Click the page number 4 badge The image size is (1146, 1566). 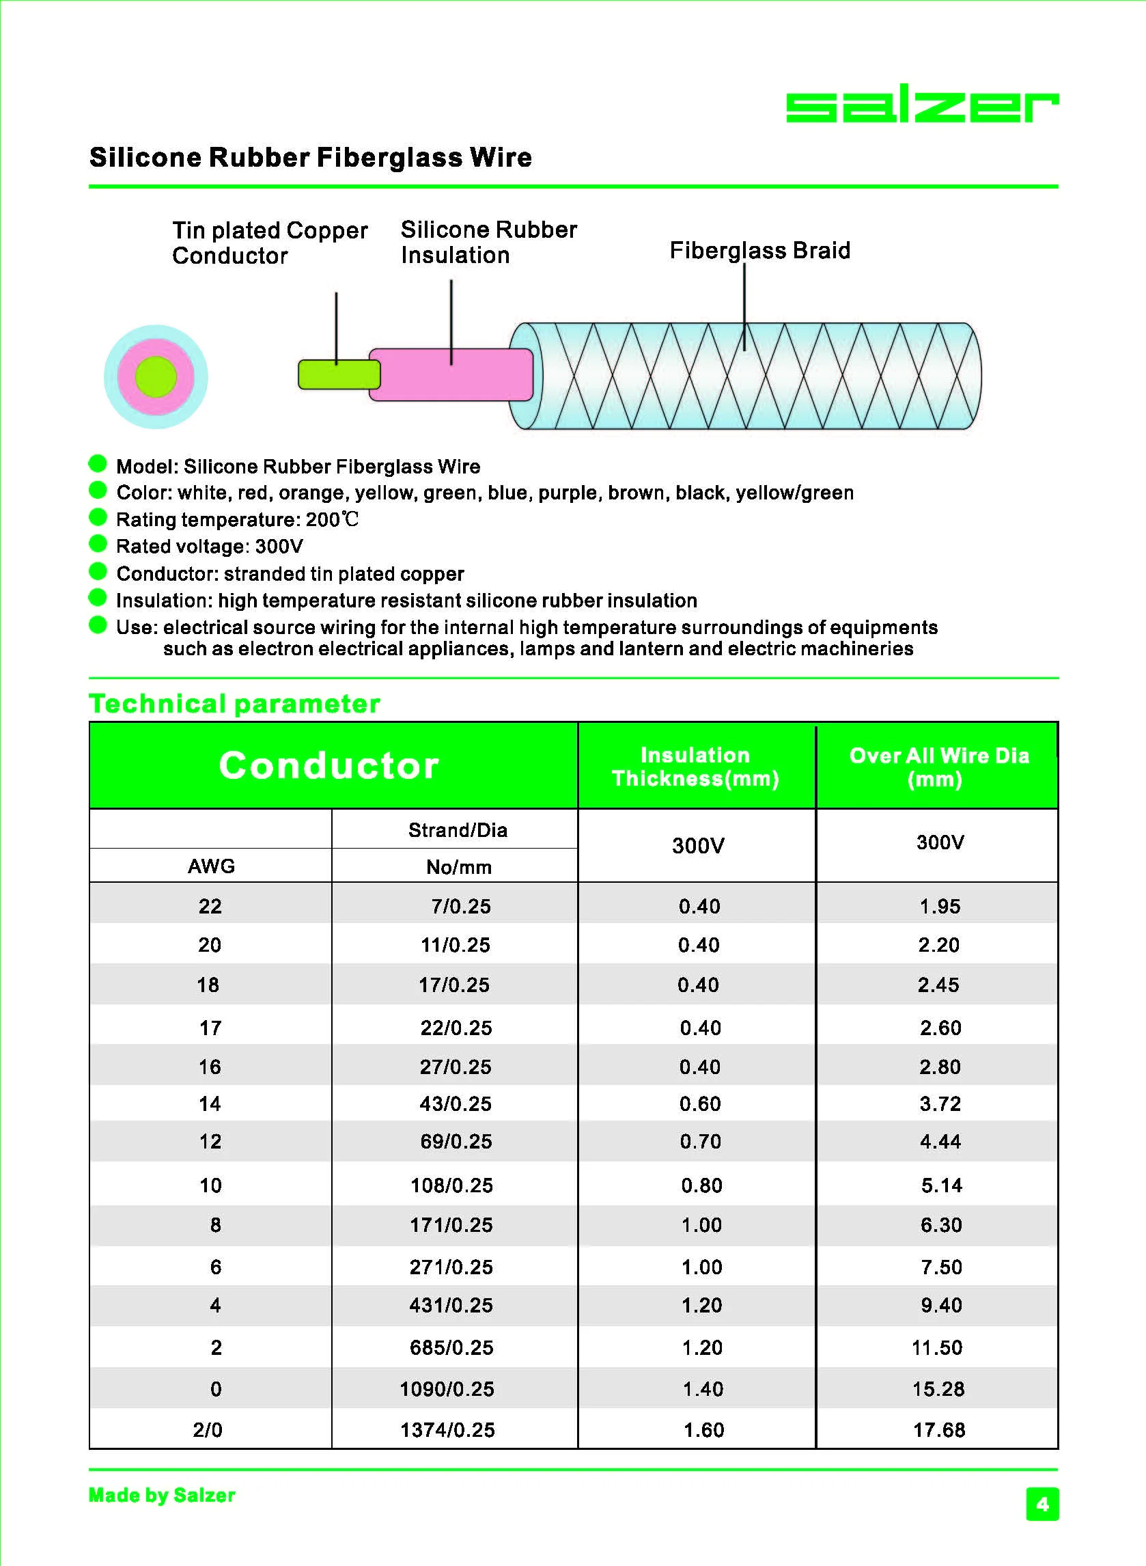(x=1042, y=1504)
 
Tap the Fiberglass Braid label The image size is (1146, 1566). (x=759, y=251)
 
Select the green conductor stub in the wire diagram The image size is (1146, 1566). (x=338, y=374)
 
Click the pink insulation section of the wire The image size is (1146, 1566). (x=451, y=375)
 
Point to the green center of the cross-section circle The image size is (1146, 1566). (x=156, y=376)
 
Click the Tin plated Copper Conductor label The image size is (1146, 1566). (x=269, y=243)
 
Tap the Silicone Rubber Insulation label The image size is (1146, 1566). (x=488, y=242)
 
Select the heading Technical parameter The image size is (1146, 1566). (x=234, y=704)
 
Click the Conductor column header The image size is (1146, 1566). (x=329, y=765)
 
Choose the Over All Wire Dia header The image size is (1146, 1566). (x=938, y=767)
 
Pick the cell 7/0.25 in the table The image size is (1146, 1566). (x=460, y=906)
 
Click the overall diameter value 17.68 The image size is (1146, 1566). (x=938, y=1430)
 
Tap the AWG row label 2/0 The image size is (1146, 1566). (x=208, y=1430)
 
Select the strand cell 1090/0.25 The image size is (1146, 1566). (x=447, y=1389)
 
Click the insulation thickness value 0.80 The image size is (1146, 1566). (x=701, y=1185)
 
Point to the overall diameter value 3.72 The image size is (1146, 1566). (x=940, y=1103)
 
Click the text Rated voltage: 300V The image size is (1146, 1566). (x=210, y=547)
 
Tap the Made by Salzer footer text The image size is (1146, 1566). (x=162, y=1495)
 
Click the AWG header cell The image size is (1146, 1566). (x=211, y=866)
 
